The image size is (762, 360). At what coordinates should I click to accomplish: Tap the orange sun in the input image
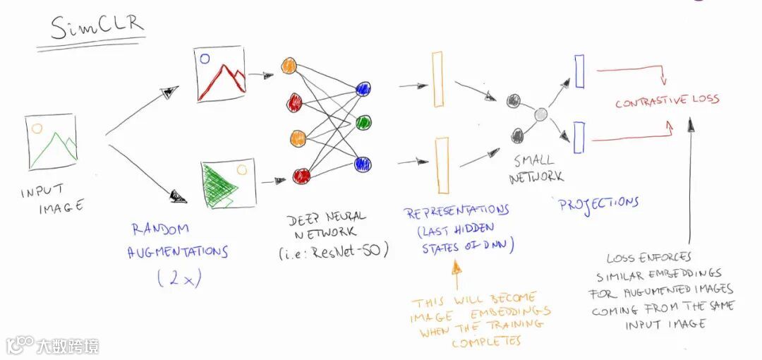coord(37,129)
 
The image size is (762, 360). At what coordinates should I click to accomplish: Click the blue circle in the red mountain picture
coord(205,59)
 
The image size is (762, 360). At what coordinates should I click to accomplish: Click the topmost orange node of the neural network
coord(289,66)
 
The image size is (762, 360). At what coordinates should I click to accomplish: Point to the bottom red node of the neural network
coord(301,176)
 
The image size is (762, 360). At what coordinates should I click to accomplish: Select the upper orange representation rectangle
coord(437,79)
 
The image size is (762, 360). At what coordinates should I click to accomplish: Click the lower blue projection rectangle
coord(579,138)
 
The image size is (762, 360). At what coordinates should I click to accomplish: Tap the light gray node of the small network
coord(540,114)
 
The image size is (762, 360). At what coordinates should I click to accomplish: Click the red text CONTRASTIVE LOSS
coord(667,101)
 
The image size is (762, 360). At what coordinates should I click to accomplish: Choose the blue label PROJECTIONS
coord(598,204)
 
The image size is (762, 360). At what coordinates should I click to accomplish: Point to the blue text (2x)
coord(179,279)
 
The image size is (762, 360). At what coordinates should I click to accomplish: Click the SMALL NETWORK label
coord(537,169)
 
